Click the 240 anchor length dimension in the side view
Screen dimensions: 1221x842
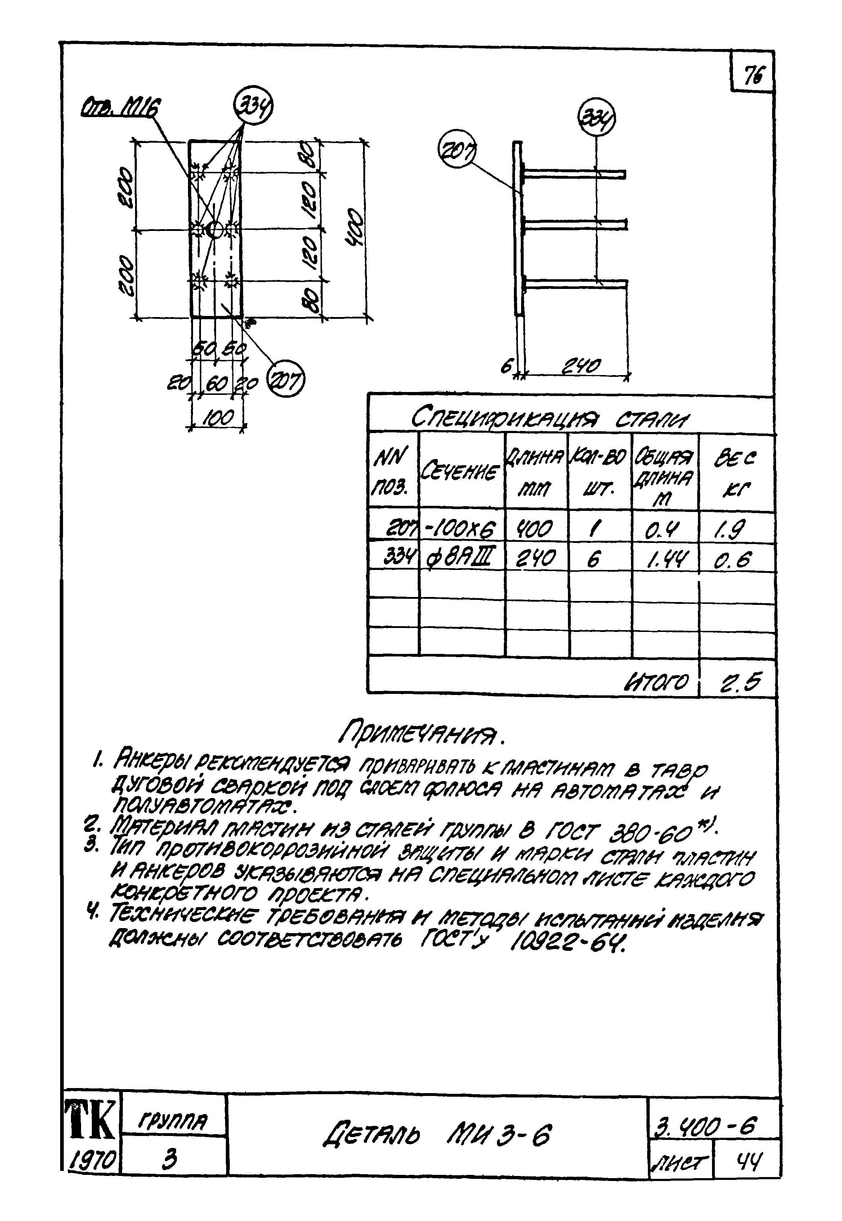point(580,366)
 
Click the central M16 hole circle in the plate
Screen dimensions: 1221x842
point(215,230)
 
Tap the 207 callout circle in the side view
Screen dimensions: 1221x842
point(457,151)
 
